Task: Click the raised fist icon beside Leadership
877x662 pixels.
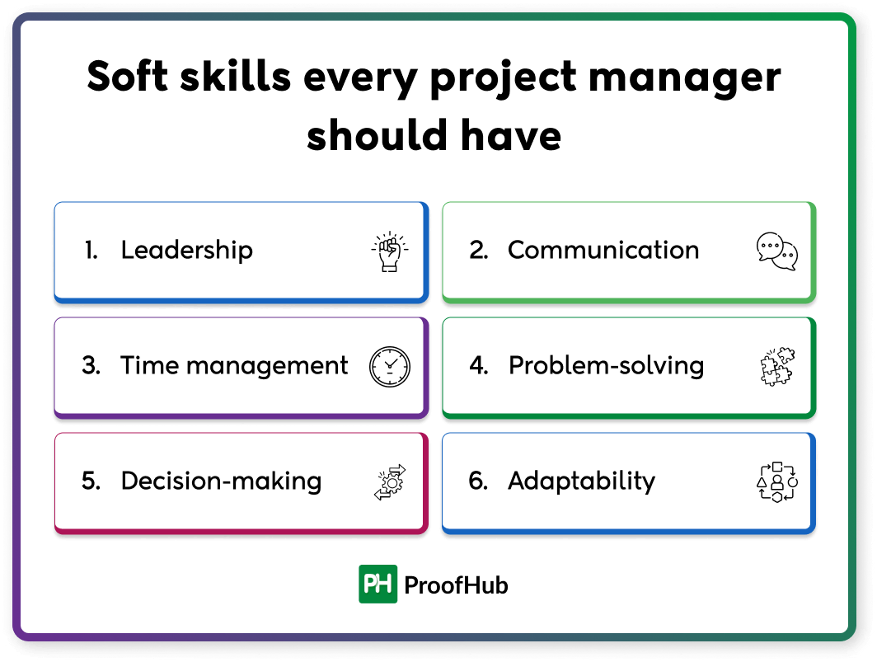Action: point(388,252)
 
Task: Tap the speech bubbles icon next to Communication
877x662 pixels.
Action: point(776,252)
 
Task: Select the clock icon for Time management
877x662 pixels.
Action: point(388,367)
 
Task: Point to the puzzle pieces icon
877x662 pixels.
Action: point(776,367)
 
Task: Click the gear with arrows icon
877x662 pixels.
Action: point(388,482)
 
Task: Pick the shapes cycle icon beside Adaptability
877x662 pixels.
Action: point(776,482)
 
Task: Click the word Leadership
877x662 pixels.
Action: point(187,251)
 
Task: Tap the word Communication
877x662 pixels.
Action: point(603,251)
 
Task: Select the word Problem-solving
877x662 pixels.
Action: point(607,366)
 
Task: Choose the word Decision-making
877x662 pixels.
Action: point(221,481)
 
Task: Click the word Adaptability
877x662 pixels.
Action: point(581,481)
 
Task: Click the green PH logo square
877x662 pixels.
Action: point(378,585)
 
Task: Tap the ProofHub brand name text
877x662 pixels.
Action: point(456,585)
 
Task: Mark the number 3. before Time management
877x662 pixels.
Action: point(91,366)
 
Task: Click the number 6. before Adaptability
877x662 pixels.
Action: point(478,481)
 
